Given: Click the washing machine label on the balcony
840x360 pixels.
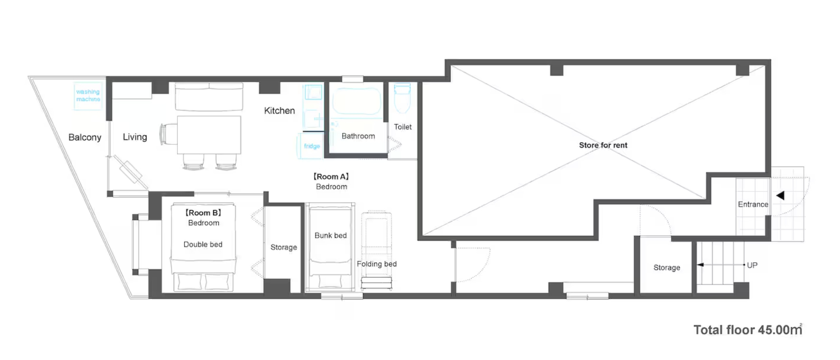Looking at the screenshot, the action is pos(88,95).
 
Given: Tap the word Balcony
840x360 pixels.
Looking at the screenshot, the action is pos(85,137).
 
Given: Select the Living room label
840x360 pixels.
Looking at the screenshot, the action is pos(135,137).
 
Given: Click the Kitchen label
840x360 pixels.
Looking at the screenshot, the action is pos(279,111).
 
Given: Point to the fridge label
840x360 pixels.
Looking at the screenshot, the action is pos(312,146).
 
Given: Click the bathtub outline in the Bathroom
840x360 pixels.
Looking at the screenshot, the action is pos(357,101).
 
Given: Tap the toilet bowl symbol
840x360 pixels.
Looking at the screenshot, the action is pos(402,98).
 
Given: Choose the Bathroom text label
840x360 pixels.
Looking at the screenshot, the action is pos(358,136).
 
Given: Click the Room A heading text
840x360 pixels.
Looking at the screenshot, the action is pos(331,177).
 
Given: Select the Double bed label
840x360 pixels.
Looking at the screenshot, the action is pos(203,244).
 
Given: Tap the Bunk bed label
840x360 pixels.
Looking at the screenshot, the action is pos(331,235).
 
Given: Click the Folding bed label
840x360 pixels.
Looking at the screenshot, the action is pos(377,264).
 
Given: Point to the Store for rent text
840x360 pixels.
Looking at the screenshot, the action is pos(603,145).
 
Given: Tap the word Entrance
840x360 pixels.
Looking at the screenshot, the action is pos(753,204).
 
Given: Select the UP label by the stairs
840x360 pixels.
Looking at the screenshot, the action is pos(752,265).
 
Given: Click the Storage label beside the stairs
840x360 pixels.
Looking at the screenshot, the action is pos(667,268).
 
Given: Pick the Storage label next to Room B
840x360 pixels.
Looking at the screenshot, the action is pos(284,247).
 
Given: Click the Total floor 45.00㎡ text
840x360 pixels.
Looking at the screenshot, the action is pos(748,330).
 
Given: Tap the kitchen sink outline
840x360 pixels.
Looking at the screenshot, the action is pos(313,92).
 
